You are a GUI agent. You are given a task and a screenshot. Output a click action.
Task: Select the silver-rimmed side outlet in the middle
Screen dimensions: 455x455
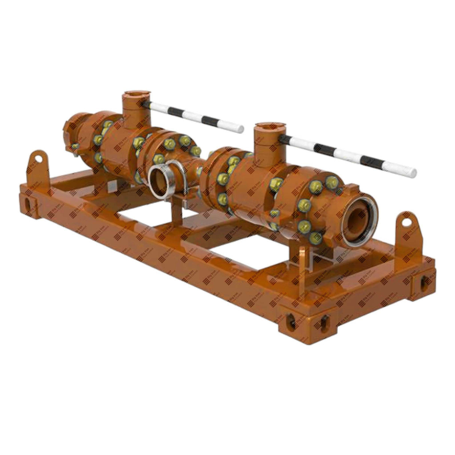click(x=159, y=180)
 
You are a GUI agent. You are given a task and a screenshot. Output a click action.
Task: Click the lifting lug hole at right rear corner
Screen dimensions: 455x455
click(x=406, y=222)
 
